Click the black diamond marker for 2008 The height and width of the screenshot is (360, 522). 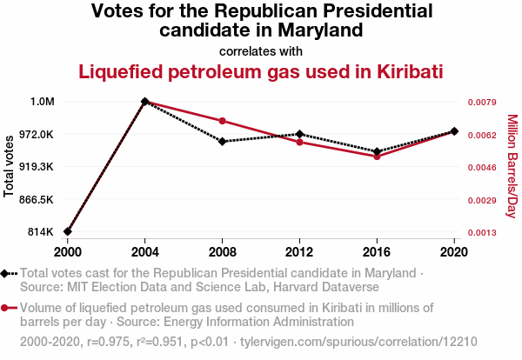pyautogui.click(x=223, y=141)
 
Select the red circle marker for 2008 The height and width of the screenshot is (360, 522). pyautogui.click(x=223, y=121)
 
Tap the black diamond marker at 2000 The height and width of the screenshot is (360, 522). pyautogui.click(x=68, y=231)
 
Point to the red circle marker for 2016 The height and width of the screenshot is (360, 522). pyautogui.click(x=377, y=157)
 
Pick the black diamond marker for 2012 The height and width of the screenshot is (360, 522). pyautogui.click(x=299, y=134)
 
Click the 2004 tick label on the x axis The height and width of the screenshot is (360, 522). pyautogui.click(x=145, y=251)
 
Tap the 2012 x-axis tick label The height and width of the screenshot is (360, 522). pyautogui.click(x=299, y=251)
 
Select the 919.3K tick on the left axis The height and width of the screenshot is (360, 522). pyautogui.click(x=37, y=167)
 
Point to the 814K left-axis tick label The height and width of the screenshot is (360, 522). pyautogui.click(x=42, y=232)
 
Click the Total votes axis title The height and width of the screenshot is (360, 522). pyautogui.click(x=10, y=165)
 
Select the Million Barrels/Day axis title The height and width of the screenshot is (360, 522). pyautogui.click(x=512, y=165)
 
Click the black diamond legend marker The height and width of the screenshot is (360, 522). pyautogui.click(x=6, y=273)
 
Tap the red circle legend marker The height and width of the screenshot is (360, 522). pyautogui.click(x=6, y=307)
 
